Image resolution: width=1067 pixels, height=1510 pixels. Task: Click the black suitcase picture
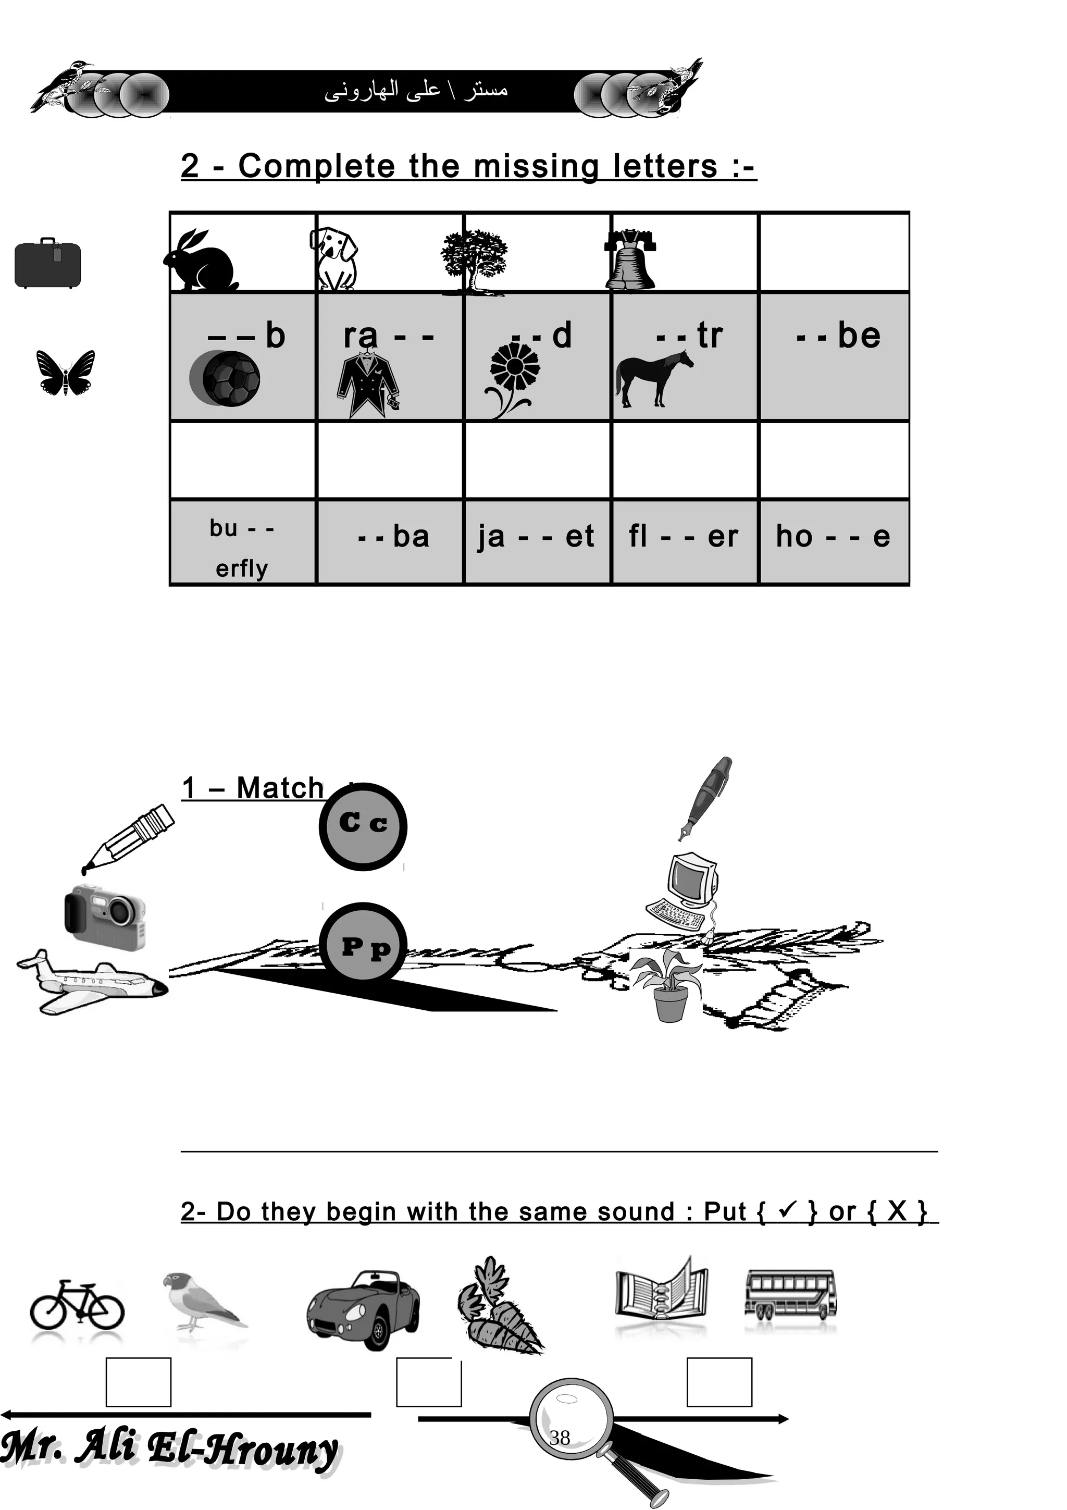pyautogui.click(x=48, y=263)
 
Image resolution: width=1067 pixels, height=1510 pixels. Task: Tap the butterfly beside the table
pyautogui.click(x=65, y=372)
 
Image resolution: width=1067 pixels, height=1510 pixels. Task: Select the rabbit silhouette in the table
pyautogui.click(x=201, y=261)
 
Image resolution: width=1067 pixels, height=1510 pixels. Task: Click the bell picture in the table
pyautogui.click(x=629, y=261)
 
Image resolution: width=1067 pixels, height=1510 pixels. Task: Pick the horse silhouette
pyautogui.click(x=652, y=378)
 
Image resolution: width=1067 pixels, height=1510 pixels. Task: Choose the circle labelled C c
pyautogui.click(x=363, y=826)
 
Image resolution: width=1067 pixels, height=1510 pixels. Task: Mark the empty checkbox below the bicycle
pyautogui.click(x=138, y=1382)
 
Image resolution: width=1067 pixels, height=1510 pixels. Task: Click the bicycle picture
pyautogui.click(x=77, y=1304)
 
